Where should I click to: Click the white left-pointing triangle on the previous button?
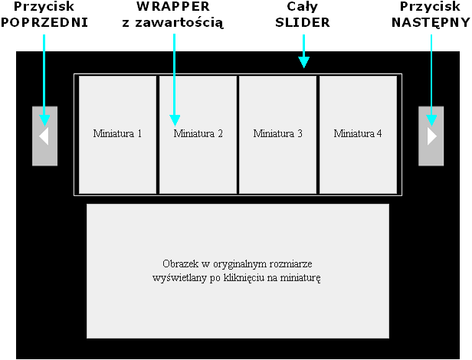tap(44, 136)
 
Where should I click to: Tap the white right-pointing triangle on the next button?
tap(432, 136)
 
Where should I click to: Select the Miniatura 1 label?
tap(117, 133)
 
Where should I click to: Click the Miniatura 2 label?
tap(198, 133)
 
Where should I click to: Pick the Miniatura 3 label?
tap(278, 133)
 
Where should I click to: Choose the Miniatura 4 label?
tap(358, 133)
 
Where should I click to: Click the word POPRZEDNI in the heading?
tap(44, 22)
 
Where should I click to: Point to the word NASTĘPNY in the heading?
tap(431, 22)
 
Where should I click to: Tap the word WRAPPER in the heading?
tap(173, 7)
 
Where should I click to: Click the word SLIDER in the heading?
tap(303, 22)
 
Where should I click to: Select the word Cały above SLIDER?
tap(302, 7)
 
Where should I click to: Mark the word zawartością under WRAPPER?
tap(179, 23)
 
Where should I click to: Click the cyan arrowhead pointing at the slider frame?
tap(303, 62)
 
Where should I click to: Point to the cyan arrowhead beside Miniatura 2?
tap(175, 120)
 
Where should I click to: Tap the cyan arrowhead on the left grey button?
tap(44, 120)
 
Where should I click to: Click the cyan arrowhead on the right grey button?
tap(431, 120)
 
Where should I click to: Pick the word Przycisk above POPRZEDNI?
tap(44, 7)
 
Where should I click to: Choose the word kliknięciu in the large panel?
tap(244, 278)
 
